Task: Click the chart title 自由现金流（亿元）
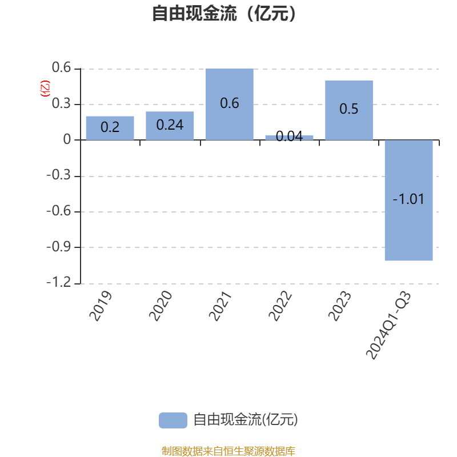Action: pyautogui.click(x=224, y=13)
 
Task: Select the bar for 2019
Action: pyautogui.click(x=110, y=128)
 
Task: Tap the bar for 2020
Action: pyautogui.click(x=170, y=126)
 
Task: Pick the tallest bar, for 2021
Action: pyautogui.click(x=230, y=105)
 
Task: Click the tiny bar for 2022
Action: pyautogui.click(x=289, y=138)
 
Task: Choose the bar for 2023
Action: pyautogui.click(x=349, y=110)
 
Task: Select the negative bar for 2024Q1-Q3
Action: pyautogui.click(x=408, y=201)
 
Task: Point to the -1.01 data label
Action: pyautogui.click(x=408, y=199)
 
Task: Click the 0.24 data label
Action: pyautogui.click(x=170, y=125)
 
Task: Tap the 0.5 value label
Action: pyautogui.click(x=349, y=109)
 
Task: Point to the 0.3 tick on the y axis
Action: pyautogui.click(x=61, y=103)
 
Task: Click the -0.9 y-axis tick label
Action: pyautogui.click(x=59, y=247)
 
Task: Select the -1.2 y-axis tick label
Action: pyautogui.click(x=59, y=282)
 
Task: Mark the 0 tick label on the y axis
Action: pyautogui.click(x=67, y=139)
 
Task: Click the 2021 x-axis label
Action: pyautogui.click(x=221, y=306)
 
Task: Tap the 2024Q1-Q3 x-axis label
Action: pyautogui.click(x=388, y=325)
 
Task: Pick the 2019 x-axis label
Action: pyautogui.click(x=101, y=306)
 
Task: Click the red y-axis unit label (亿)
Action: pyautogui.click(x=45, y=89)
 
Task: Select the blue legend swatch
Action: pyautogui.click(x=173, y=420)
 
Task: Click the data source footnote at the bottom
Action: pyautogui.click(x=228, y=451)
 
